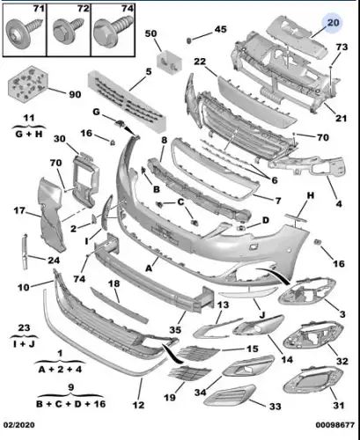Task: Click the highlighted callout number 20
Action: click(x=333, y=23)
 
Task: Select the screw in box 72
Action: click(x=68, y=29)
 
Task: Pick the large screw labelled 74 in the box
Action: click(x=112, y=29)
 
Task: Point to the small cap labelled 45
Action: click(x=189, y=40)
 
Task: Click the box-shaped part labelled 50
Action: click(x=169, y=62)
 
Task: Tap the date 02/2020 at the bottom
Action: click(x=18, y=425)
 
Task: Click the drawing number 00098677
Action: click(x=335, y=425)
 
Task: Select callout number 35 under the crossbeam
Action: click(x=175, y=330)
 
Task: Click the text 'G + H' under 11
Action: click(x=29, y=135)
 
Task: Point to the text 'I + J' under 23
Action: click(x=24, y=343)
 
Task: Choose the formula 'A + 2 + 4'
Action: click(x=60, y=369)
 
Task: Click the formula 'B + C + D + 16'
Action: click(x=70, y=404)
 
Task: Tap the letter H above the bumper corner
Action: click(x=311, y=195)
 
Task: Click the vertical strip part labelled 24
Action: click(x=25, y=252)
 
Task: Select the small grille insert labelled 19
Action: click(x=189, y=373)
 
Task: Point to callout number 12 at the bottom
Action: click(x=138, y=405)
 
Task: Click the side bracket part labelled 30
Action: click(x=85, y=180)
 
